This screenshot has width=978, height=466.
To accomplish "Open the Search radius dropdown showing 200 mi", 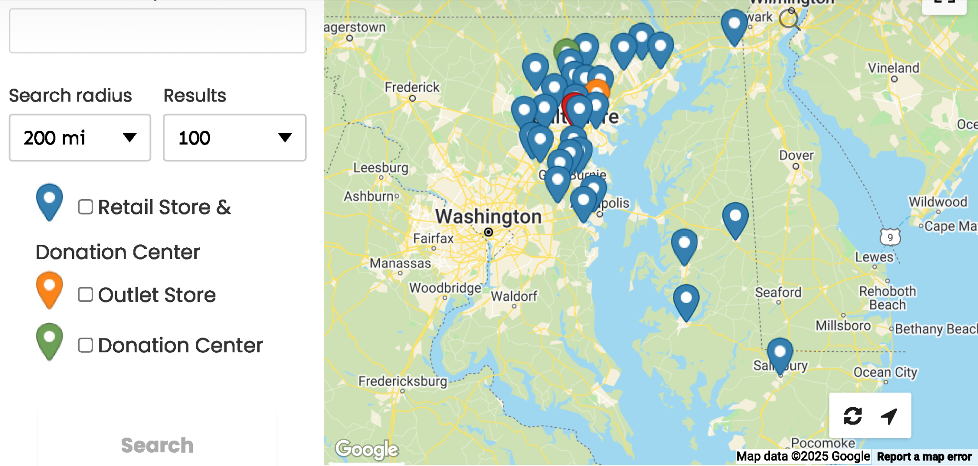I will point(80,138).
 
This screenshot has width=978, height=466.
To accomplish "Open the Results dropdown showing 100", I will point(234,138).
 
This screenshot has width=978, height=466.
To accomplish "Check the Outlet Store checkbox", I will point(85,295).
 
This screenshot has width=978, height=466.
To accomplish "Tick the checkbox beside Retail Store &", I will point(85,207).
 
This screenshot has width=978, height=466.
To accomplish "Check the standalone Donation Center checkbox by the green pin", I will point(85,345).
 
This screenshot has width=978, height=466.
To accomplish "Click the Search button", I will point(157,445).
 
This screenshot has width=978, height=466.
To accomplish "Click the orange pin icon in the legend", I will point(49,288).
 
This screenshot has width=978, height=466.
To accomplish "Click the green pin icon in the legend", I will point(49,339).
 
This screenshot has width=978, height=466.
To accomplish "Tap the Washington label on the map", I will point(488,217).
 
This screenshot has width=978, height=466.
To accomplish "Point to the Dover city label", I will point(796,156).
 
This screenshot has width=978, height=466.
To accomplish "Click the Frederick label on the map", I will point(412,87).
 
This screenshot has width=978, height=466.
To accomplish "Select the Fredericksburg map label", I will point(403,381).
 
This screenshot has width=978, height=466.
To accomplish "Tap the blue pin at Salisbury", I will point(780,354).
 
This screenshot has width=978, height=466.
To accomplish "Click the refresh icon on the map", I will point(852,416).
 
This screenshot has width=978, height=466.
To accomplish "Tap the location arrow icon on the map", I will point(889,416).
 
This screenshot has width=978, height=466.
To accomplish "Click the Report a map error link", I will point(924,457).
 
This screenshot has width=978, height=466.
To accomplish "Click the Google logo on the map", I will point(366,449).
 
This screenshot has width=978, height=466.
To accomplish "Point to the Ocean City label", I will point(885,372).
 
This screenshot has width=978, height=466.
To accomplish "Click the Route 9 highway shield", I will point(890,237).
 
